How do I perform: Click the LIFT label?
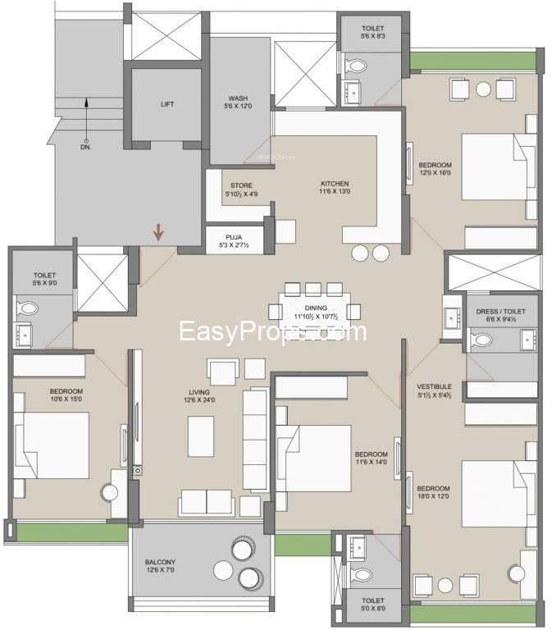coord(167,104)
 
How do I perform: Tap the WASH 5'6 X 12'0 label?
coord(239,102)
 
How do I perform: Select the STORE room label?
coord(241,189)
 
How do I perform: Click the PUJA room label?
coord(240,239)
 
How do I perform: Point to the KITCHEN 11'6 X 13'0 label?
coord(335,188)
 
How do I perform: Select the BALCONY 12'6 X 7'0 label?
coord(161,566)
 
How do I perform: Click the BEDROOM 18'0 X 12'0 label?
coord(432,494)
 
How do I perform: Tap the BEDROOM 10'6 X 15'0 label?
coord(66,395)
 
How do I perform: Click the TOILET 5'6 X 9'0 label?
coord(44,280)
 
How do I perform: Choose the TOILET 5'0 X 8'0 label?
coord(372,606)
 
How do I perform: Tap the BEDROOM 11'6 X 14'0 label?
coord(371,459)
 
